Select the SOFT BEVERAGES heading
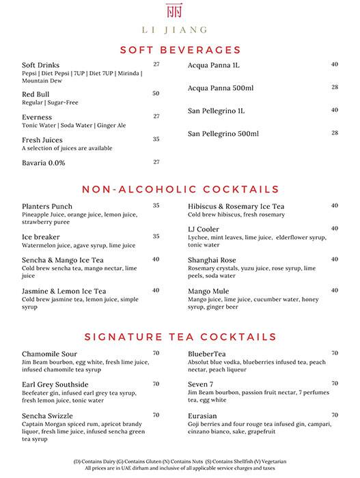coord(180,50)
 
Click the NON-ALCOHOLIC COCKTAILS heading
coord(180,189)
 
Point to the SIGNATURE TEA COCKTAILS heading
coord(180,337)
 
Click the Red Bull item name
coord(36,94)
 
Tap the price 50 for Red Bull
coord(156,94)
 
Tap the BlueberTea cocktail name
coord(210,354)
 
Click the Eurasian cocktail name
coord(205,415)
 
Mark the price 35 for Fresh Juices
coord(156,139)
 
